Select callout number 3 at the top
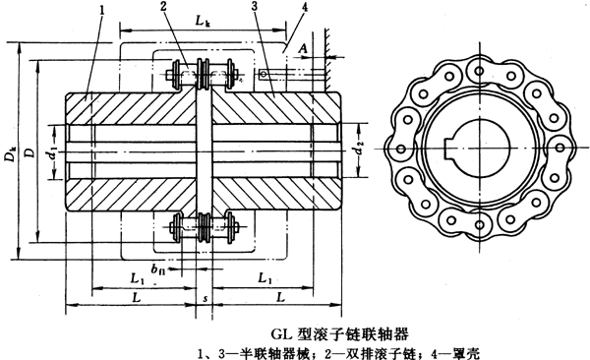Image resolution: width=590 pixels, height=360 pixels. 254,9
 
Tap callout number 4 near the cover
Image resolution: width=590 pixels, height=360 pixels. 282,9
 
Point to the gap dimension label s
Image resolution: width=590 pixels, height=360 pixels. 203,295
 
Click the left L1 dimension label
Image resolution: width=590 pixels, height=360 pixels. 138,279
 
